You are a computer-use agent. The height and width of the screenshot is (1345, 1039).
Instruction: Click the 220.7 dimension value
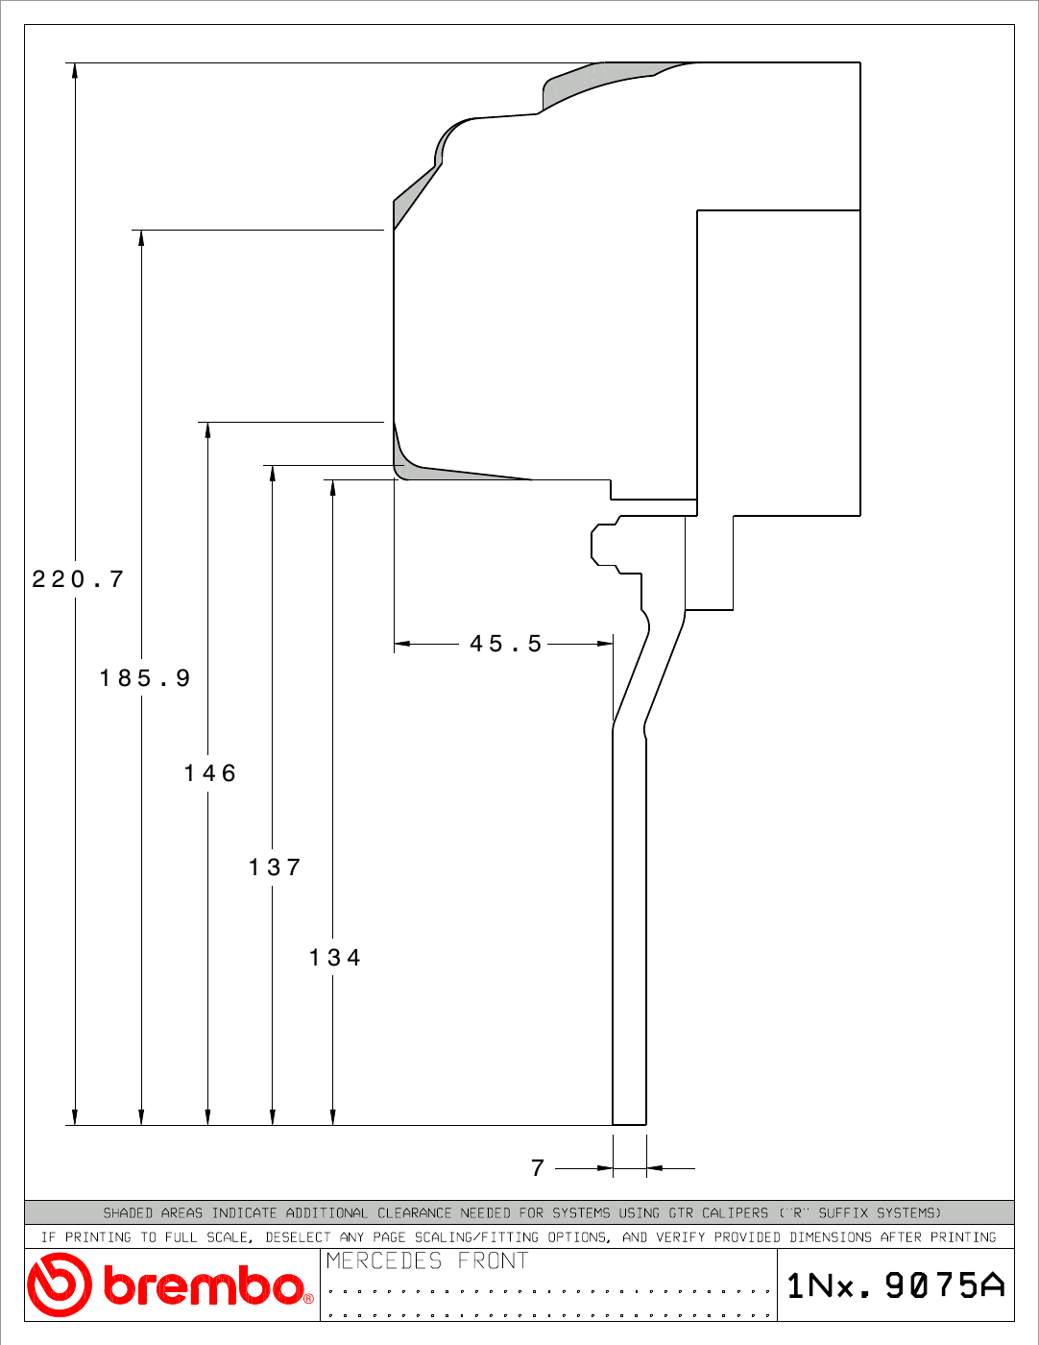tap(78, 579)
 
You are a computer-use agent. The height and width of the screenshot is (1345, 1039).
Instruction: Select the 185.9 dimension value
tap(145, 677)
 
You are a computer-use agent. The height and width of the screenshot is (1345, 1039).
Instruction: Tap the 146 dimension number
tap(210, 773)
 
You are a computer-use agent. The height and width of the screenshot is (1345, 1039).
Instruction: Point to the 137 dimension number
tap(275, 868)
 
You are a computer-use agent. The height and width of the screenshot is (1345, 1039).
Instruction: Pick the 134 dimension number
tap(334, 958)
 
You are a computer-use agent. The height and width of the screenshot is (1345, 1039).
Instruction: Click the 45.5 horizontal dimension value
tap(506, 644)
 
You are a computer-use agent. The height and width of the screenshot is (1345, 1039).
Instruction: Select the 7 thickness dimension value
tap(538, 1168)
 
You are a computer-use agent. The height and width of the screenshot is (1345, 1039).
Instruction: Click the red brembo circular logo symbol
tap(60, 1284)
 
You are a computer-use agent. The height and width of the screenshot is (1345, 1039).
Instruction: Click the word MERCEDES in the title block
tap(384, 1260)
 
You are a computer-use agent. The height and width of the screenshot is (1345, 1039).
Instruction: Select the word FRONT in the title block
tap(493, 1260)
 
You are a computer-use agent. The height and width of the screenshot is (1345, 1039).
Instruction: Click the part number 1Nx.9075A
tap(896, 1285)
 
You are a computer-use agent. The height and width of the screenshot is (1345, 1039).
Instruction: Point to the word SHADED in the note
tap(128, 1213)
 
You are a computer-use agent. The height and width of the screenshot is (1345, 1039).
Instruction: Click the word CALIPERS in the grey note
tap(735, 1213)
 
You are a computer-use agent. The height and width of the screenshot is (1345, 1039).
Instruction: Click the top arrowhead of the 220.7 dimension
tap(75, 70)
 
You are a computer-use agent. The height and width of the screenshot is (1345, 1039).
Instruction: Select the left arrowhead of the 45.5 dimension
tap(402, 644)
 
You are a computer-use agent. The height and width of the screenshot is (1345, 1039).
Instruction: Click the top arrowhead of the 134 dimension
tap(332, 488)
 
